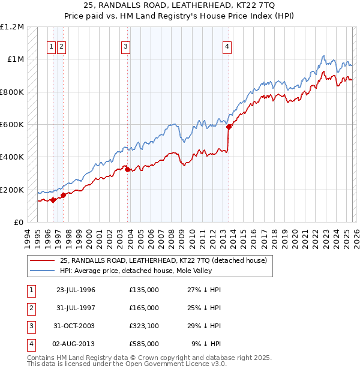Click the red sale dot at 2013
pos(229,127)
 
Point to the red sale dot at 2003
pos(128,169)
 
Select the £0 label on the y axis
pos(18,223)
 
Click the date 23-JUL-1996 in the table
pos(76,290)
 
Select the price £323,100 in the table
pos(143,326)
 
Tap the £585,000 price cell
pos(143,344)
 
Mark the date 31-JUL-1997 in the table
pos(76,308)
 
